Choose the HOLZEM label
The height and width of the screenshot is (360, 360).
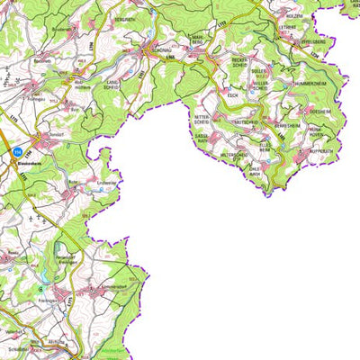pyautogui.click(x=295, y=14)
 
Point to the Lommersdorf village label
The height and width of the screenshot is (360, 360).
pyautogui.click(x=117, y=289)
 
